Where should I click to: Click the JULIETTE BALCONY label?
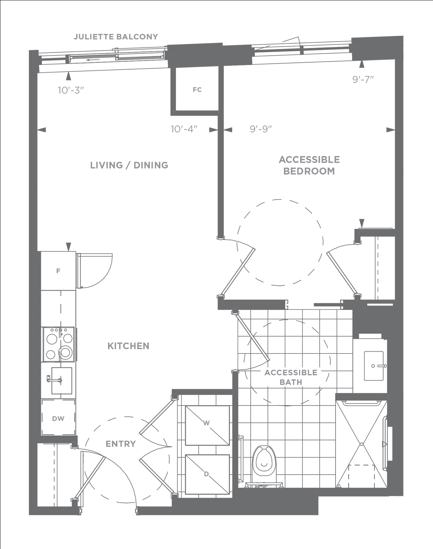(116, 37)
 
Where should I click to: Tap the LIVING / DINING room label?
(129, 165)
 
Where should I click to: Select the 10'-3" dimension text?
(71, 90)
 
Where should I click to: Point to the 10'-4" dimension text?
(184, 129)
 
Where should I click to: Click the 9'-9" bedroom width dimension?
(261, 129)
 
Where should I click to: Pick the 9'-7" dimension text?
(363, 80)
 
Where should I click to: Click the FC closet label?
(197, 90)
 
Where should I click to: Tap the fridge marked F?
(59, 271)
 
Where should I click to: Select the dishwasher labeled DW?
(59, 417)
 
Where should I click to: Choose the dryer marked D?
(207, 474)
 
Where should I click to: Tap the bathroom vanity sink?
(373, 366)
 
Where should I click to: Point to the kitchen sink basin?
(62, 381)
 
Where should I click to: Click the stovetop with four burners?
(59, 344)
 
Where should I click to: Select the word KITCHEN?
(128, 346)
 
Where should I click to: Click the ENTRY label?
(121, 444)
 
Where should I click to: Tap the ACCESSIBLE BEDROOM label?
(309, 165)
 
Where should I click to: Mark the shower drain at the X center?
(361, 444)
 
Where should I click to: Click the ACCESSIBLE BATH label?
(291, 377)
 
